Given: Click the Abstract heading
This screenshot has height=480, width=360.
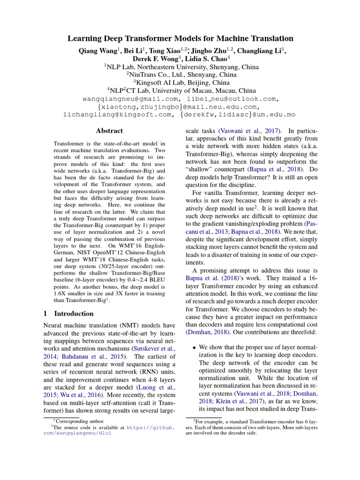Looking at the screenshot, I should (109, 131).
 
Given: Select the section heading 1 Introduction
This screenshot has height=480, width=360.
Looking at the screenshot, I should (68, 314).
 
